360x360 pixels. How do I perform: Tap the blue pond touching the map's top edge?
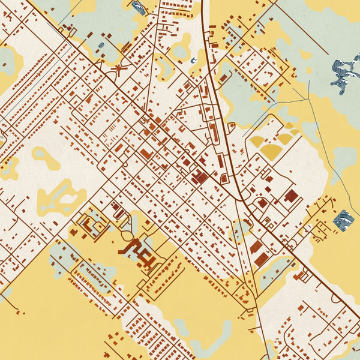(x=139, y=7)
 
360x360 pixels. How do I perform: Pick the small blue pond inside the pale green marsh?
(x=101, y=45)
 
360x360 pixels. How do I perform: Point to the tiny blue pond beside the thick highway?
(x=194, y=60)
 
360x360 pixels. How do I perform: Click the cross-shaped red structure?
(x=119, y=70)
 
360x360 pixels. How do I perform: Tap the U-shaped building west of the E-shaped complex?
(x=90, y=225)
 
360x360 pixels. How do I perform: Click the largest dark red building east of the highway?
(x=291, y=196)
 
